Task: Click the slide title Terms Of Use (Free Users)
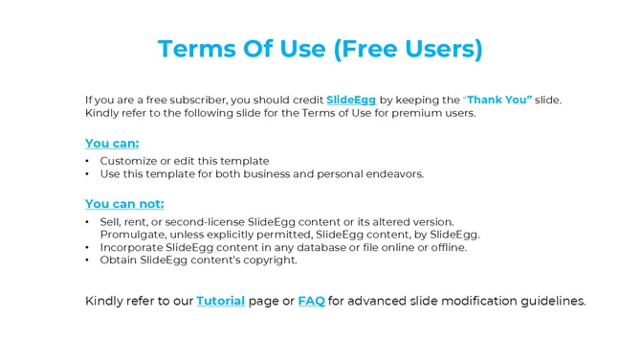point(320,49)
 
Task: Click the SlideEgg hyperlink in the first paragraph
point(352,100)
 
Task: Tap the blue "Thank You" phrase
point(498,100)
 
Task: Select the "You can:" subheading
point(112,144)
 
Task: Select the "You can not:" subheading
point(124,203)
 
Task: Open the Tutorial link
point(220,301)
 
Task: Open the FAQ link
point(311,301)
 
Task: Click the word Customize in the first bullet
point(128,161)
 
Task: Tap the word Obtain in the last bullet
point(119,259)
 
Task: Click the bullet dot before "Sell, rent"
point(88,222)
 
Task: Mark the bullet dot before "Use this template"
point(88,173)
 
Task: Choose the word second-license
point(204,222)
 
